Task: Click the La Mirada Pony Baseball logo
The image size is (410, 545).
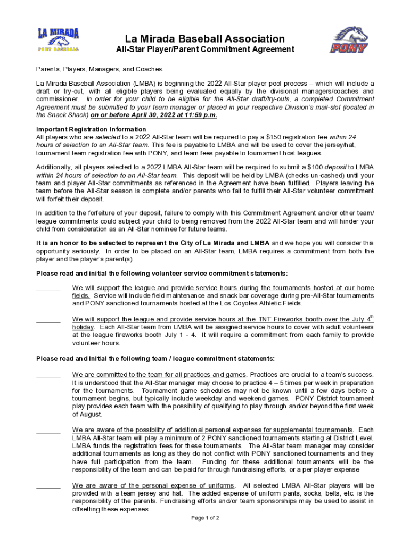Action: point(58,40)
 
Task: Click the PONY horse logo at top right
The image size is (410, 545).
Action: point(349,40)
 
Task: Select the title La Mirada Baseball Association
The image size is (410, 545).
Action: point(205,39)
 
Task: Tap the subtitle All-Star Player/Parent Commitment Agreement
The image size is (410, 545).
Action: point(205,49)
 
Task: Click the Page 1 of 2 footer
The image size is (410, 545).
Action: point(205,518)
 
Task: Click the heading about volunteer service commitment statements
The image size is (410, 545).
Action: point(162,274)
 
